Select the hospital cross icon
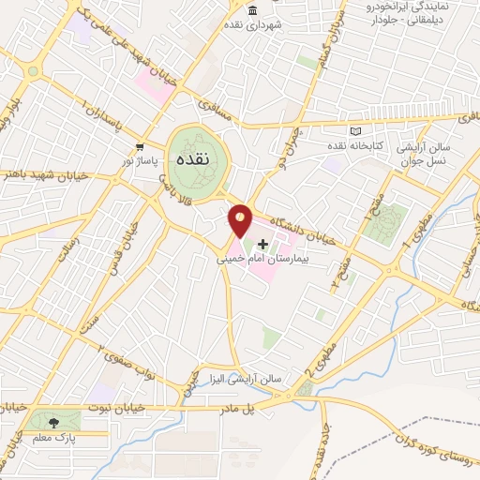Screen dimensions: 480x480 [x=262, y=243]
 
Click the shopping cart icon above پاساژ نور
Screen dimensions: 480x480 [x=139, y=147]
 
